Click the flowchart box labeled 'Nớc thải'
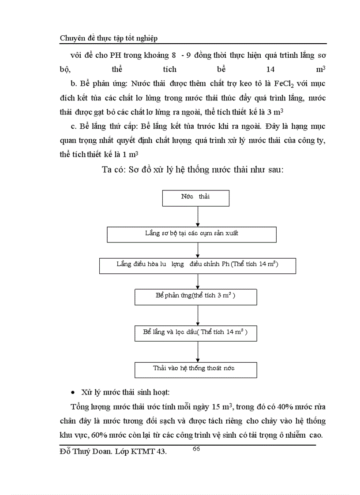pyautogui.click(x=196, y=198)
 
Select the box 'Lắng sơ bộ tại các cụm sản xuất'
pyautogui.click(x=191, y=234)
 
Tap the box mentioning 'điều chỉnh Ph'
pyautogui.click(x=197, y=265)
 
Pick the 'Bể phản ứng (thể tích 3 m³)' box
pyautogui.click(x=196, y=297)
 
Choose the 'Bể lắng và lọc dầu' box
pyautogui.click(x=196, y=333)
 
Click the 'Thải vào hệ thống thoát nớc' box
pyautogui.click(x=196, y=369)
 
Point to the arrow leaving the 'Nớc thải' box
pyautogui.click(x=198, y=216)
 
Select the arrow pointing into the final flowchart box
pyautogui.click(x=198, y=351)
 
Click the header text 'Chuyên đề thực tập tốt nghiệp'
pyautogui.click(x=109, y=38)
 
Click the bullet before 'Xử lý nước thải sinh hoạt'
pyautogui.click(x=73, y=393)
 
